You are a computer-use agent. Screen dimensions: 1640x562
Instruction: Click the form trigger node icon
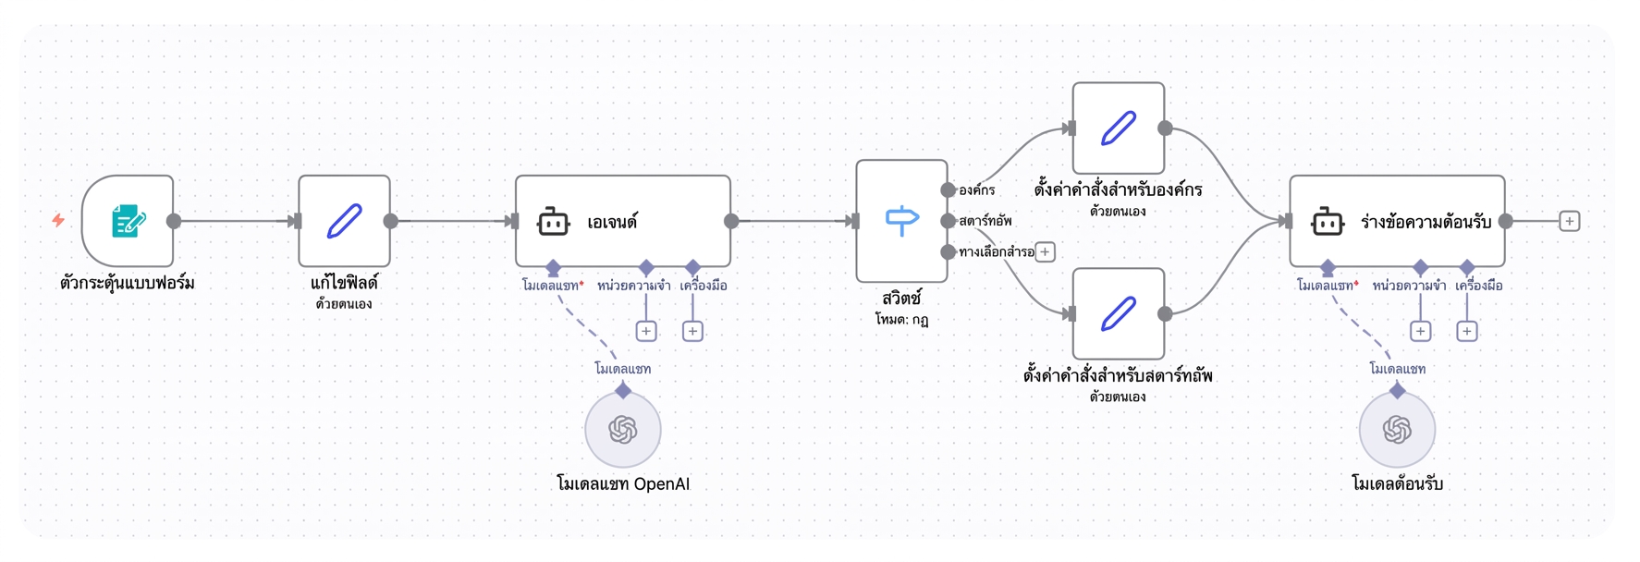click(128, 221)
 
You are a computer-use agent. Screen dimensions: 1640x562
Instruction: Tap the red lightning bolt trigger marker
click(58, 220)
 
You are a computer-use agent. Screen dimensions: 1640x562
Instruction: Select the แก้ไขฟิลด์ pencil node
click(344, 221)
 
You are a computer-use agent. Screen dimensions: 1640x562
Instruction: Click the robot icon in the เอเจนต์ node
click(553, 222)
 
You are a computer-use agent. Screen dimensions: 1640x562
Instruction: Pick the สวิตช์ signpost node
click(901, 221)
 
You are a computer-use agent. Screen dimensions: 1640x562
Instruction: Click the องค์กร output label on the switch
click(977, 190)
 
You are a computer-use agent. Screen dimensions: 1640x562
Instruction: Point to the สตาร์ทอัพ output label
click(985, 221)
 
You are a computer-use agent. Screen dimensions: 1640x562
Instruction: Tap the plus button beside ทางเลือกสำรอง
click(1045, 251)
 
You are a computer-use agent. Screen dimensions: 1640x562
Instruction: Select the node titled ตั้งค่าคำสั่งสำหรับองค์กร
click(1119, 128)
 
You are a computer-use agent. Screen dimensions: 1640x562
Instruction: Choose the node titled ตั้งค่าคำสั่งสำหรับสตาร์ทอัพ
click(1119, 313)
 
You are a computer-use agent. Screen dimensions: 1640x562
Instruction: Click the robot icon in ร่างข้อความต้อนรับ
click(1328, 222)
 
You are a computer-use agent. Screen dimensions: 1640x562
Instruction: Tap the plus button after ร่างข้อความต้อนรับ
click(1569, 221)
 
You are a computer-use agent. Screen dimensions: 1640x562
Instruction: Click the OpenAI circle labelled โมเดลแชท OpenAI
click(623, 429)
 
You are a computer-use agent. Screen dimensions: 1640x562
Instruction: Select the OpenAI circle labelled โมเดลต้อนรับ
click(1397, 429)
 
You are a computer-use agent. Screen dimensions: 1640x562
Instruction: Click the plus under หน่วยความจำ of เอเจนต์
click(646, 331)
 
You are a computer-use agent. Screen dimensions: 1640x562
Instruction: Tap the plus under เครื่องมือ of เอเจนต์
click(692, 331)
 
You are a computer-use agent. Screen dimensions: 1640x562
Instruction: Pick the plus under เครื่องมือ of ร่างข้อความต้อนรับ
click(1467, 331)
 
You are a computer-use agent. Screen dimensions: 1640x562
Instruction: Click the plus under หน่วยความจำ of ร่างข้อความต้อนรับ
click(1421, 331)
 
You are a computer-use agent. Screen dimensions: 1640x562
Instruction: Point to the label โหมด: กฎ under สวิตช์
click(901, 320)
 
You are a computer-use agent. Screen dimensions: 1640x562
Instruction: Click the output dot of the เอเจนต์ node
click(731, 221)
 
